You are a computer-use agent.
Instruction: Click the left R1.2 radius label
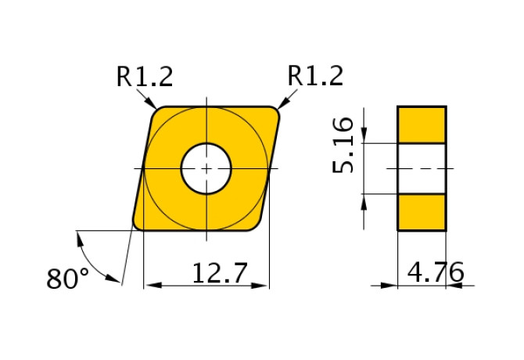click(145, 76)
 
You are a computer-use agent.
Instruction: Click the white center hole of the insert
click(206, 168)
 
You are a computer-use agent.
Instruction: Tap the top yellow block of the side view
click(422, 124)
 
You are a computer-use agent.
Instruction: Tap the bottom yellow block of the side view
click(422, 211)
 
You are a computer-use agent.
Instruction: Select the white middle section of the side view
click(422, 168)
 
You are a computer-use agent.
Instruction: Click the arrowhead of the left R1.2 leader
click(153, 104)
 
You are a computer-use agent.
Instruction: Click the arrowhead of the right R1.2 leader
click(282, 103)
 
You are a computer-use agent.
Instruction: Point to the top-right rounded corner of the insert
click(275, 112)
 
